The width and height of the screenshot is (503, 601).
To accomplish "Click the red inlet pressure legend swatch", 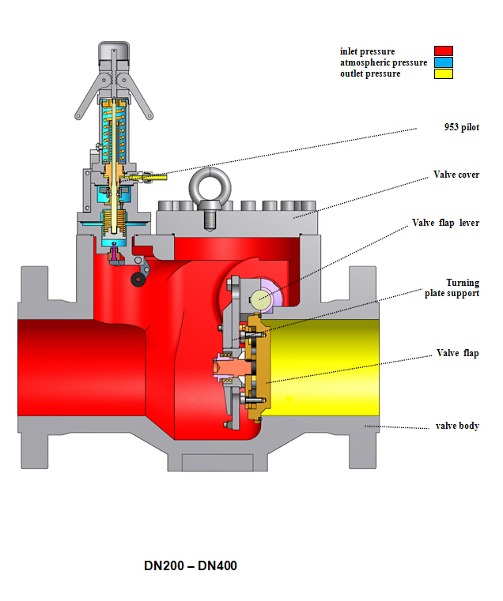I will [x=443, y=51].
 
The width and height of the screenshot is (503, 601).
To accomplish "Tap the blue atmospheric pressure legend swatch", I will [x=443, y=62].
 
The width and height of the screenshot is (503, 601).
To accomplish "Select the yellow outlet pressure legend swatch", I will [x=443, y=73].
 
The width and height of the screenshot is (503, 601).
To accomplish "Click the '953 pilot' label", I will [x=461, y=127].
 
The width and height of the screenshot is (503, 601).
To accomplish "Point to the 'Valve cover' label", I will [x=456, y=175].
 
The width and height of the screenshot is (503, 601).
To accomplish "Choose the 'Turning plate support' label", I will [x=462, y=287].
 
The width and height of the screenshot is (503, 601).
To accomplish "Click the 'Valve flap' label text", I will [x=458, y=353].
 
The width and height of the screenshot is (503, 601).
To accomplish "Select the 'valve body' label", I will [x=457, y=426].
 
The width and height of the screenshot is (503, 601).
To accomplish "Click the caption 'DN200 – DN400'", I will [x=190, y=565].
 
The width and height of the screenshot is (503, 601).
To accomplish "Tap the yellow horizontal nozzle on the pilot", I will [x=142, y=177].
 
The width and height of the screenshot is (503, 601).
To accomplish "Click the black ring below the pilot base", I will [x=142, y=280].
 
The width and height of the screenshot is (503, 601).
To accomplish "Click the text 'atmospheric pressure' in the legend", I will [x=384, y=62].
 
